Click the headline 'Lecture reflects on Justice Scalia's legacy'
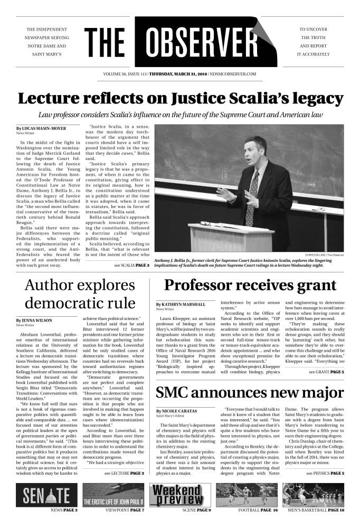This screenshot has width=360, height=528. click(180, 99)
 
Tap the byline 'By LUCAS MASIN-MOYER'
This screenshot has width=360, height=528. click(41, 128)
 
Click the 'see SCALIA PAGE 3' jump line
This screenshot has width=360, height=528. click(131, 265)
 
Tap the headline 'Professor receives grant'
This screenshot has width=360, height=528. click(250, 285)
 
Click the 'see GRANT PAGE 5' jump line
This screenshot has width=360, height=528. click(326, 372)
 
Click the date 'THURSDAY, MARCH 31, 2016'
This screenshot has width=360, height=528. click(178, 74)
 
